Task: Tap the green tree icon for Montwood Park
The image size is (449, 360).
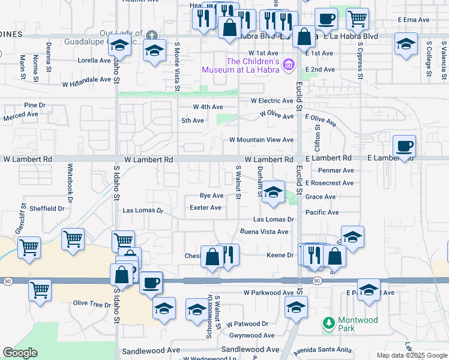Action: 328,323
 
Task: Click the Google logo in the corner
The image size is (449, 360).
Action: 20,353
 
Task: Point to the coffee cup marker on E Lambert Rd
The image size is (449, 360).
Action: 405,146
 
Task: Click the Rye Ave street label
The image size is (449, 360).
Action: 211,196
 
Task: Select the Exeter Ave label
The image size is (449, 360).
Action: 206,208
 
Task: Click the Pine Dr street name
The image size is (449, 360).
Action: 35,105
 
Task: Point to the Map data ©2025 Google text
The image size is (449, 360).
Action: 412,355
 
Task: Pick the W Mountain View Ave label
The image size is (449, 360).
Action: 262,140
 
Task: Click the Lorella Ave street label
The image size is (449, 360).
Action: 95,61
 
